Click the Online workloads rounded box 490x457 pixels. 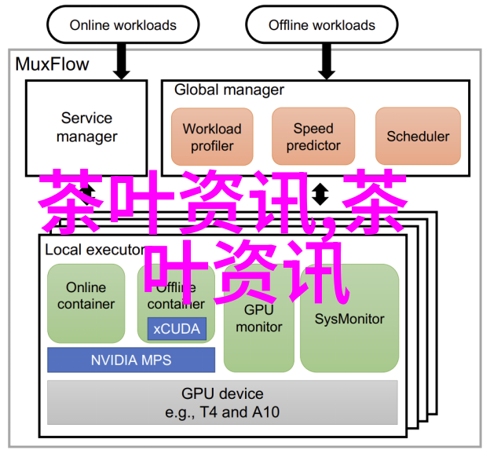tap(122, 25)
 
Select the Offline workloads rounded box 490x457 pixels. tap(322, 25)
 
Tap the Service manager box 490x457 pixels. tap(86, 127)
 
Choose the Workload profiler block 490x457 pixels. tap(212, 137)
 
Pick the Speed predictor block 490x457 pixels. tap(313, 137)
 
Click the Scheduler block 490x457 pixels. tap(418, 137)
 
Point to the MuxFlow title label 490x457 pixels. tap(53, 64)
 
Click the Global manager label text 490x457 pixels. tap(229, 90)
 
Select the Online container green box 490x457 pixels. tap(86, 296)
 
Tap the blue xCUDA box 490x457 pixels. tap(177, 328)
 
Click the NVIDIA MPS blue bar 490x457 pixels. tap(131, 360)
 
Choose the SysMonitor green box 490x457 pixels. tap(349, 319)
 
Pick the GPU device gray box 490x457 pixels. tap(222, 402)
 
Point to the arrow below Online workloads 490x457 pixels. tap(122, 61)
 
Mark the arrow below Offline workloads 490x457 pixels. tap(321, 61)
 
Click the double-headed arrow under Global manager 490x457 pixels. tap(320, 194)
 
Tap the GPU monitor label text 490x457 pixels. tap(258, 320)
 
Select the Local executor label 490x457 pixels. tap(94, 250)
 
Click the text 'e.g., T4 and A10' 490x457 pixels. tap(222, 412)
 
